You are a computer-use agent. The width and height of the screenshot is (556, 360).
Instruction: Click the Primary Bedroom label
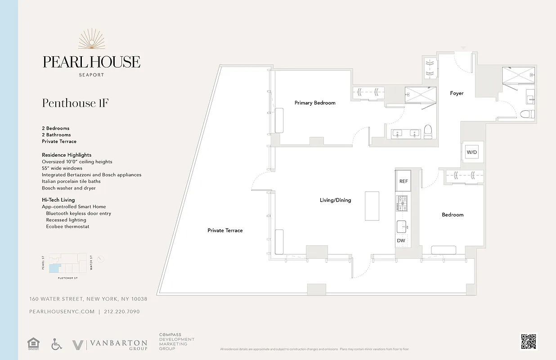click(315, 103)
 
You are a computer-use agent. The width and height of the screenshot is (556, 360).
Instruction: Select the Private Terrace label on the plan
click(225, 230)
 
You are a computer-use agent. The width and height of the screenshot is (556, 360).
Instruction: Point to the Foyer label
click(457, 94)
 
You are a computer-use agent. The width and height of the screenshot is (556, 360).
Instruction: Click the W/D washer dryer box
click(471, 153)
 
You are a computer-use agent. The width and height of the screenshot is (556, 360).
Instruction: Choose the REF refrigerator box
click(404, 181)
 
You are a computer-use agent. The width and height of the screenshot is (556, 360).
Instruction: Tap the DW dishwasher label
click(401, 241)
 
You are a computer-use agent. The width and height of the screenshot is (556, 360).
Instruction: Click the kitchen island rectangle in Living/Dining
click(372, 206)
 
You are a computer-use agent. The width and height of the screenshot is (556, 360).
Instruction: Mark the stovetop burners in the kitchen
click(402, 203)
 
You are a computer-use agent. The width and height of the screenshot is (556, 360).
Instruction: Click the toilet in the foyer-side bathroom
click(527, 114)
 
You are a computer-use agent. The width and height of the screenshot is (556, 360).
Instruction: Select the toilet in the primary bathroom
click(428, 131)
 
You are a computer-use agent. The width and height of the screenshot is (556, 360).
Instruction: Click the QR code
click(529, 342)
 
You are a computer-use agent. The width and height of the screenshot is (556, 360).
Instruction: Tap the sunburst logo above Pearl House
click(91, 40)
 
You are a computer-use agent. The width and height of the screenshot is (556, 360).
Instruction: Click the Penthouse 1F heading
click(75, 103)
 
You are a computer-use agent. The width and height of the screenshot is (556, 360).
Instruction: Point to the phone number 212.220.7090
click(122, 311)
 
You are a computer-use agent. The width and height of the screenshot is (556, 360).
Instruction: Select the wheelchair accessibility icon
click(56, 344)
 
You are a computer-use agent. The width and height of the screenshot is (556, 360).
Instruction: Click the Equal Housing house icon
click(33, 344)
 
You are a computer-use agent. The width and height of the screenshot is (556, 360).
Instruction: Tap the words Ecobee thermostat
click(67, 226)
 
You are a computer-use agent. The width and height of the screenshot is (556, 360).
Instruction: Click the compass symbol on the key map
click(101, 259)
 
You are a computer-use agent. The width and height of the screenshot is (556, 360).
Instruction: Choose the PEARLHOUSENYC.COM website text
click(62, 311)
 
